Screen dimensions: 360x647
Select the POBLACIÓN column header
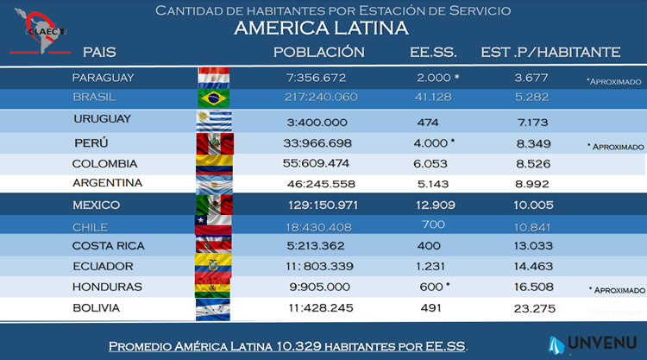pyautogui.click(x=318, y=53)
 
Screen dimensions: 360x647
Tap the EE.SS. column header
pyautogui.click(x=433, y=53)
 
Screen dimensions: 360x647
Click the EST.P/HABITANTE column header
pyautogui.click(x=550, y=53)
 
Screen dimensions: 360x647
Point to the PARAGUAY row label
pyautogui.click(x=104, y=78)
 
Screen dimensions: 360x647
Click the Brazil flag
pyautogui.click(x=214, y=98)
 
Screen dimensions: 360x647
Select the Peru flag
pyautogui.click(x=214, y=141)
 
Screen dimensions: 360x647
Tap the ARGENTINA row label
pyautogui.click(x=108, y=183)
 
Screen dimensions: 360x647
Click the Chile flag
pyautogui.click(x=214, y=224)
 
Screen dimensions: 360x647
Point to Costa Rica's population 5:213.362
pyautogui.click(x=323, y=245)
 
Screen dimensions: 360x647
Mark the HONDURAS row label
pyautogui.click(x=107, y=287)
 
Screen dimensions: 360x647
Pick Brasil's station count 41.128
pyautogui.click(x=432, y=98)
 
